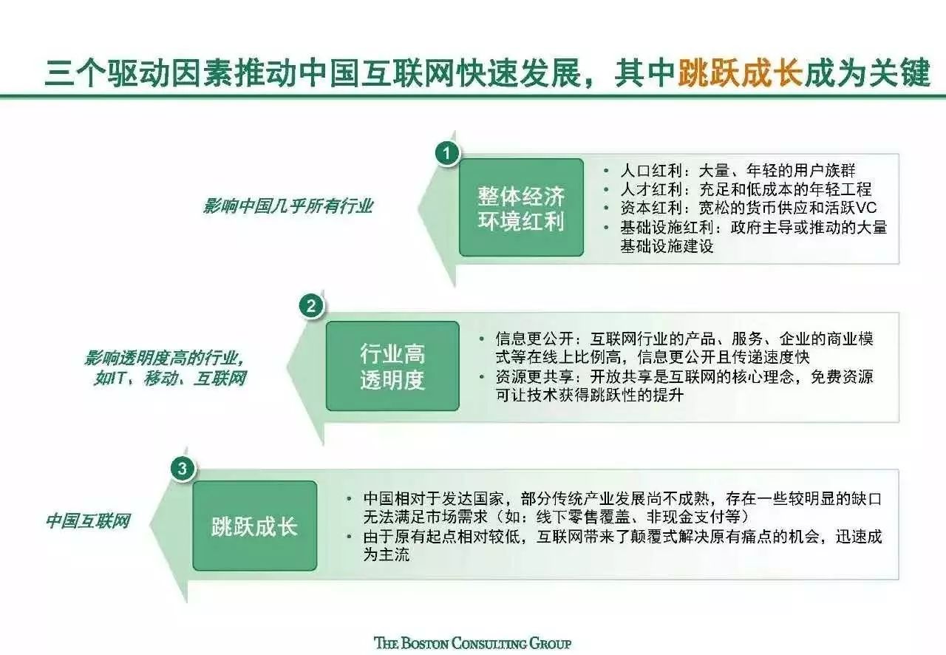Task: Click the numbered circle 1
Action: click(447, 153)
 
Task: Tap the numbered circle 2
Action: click(311, 306)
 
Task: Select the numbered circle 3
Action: click(182, 469)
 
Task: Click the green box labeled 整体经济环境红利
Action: click(521, 208)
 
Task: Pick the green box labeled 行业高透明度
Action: click(392, 366)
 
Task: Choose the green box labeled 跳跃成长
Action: click(255, 526)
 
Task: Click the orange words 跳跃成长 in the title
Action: click(740, 73)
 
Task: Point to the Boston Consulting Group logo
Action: click(473, 643)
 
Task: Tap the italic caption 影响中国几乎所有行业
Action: click(288, 207)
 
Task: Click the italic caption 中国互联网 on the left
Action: click(88, 521)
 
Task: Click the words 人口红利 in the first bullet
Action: click(651, 171)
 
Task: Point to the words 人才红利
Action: click(651, 189)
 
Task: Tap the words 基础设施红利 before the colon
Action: click(667, 228)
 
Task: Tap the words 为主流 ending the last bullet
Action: click(387, 554)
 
